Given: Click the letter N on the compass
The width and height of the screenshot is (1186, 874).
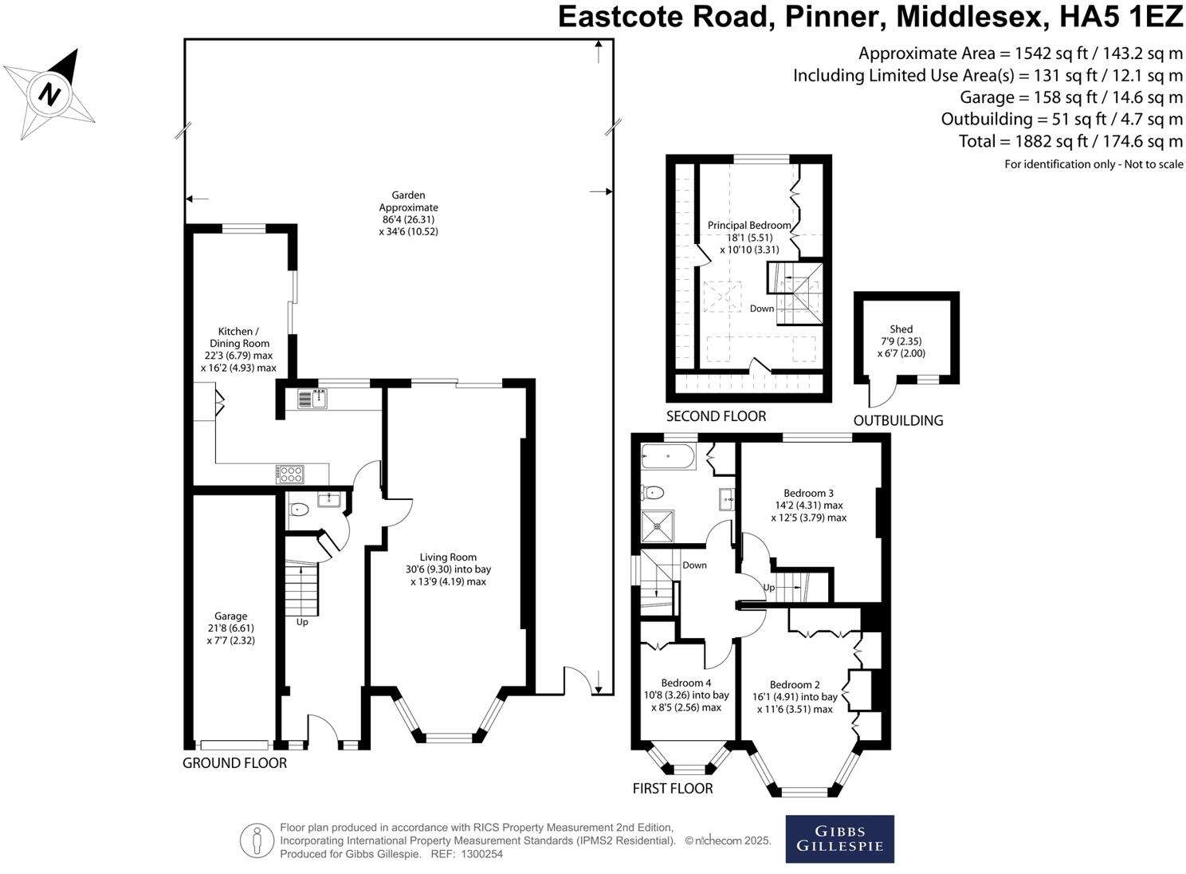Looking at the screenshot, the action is coord(49,95).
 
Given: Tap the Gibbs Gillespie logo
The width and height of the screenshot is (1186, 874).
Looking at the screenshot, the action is coord(840,839).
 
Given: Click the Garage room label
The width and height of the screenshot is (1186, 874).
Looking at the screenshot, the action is coord(231,616).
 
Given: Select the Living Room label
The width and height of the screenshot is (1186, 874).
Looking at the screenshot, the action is coord(448,557).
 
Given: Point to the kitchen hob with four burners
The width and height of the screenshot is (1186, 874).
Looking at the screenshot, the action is coord(289,474).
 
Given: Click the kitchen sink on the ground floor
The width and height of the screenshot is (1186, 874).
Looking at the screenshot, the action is coord(312,399).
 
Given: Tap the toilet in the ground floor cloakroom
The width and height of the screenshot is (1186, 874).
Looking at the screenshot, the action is coord(297,510).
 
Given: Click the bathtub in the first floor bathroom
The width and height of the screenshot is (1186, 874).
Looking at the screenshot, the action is coord(668,456).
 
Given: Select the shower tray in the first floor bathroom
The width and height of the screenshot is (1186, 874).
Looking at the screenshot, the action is coord(658,526).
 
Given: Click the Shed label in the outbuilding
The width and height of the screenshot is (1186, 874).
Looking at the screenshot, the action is coord(901,329).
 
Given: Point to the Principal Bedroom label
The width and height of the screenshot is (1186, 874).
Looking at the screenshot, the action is coord(749,225).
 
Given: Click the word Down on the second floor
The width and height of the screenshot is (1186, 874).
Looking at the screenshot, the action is coord(762,309).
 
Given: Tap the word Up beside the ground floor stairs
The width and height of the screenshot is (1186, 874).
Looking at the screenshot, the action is coord(302,622).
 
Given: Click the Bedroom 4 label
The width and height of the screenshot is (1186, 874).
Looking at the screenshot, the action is coord(686,683).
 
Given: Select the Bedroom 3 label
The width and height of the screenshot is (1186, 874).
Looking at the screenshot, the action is coord(808,493).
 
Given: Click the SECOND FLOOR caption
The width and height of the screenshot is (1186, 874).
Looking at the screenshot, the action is coord(716,416).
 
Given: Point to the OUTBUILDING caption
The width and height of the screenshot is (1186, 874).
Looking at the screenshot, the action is coord(898,420).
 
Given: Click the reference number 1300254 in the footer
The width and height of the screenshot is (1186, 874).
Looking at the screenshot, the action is coord(481,854).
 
